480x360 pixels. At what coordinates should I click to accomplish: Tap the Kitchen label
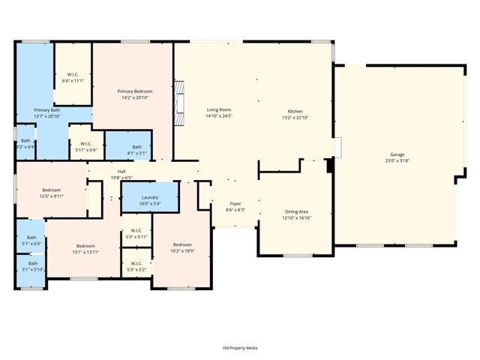[x=295, y=111]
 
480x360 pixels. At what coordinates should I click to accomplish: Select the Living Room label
[x=219, y=109]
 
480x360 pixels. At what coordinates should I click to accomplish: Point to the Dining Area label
[x=296, y=212]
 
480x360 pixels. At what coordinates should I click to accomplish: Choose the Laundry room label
[x=150, y=197]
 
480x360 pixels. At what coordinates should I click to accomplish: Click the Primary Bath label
[x=46, y=110]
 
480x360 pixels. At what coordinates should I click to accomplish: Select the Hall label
[x=121, y=171]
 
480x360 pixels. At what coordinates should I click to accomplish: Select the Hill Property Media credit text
[x=240, y=348]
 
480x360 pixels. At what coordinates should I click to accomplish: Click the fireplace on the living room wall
[x=178, y=102]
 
